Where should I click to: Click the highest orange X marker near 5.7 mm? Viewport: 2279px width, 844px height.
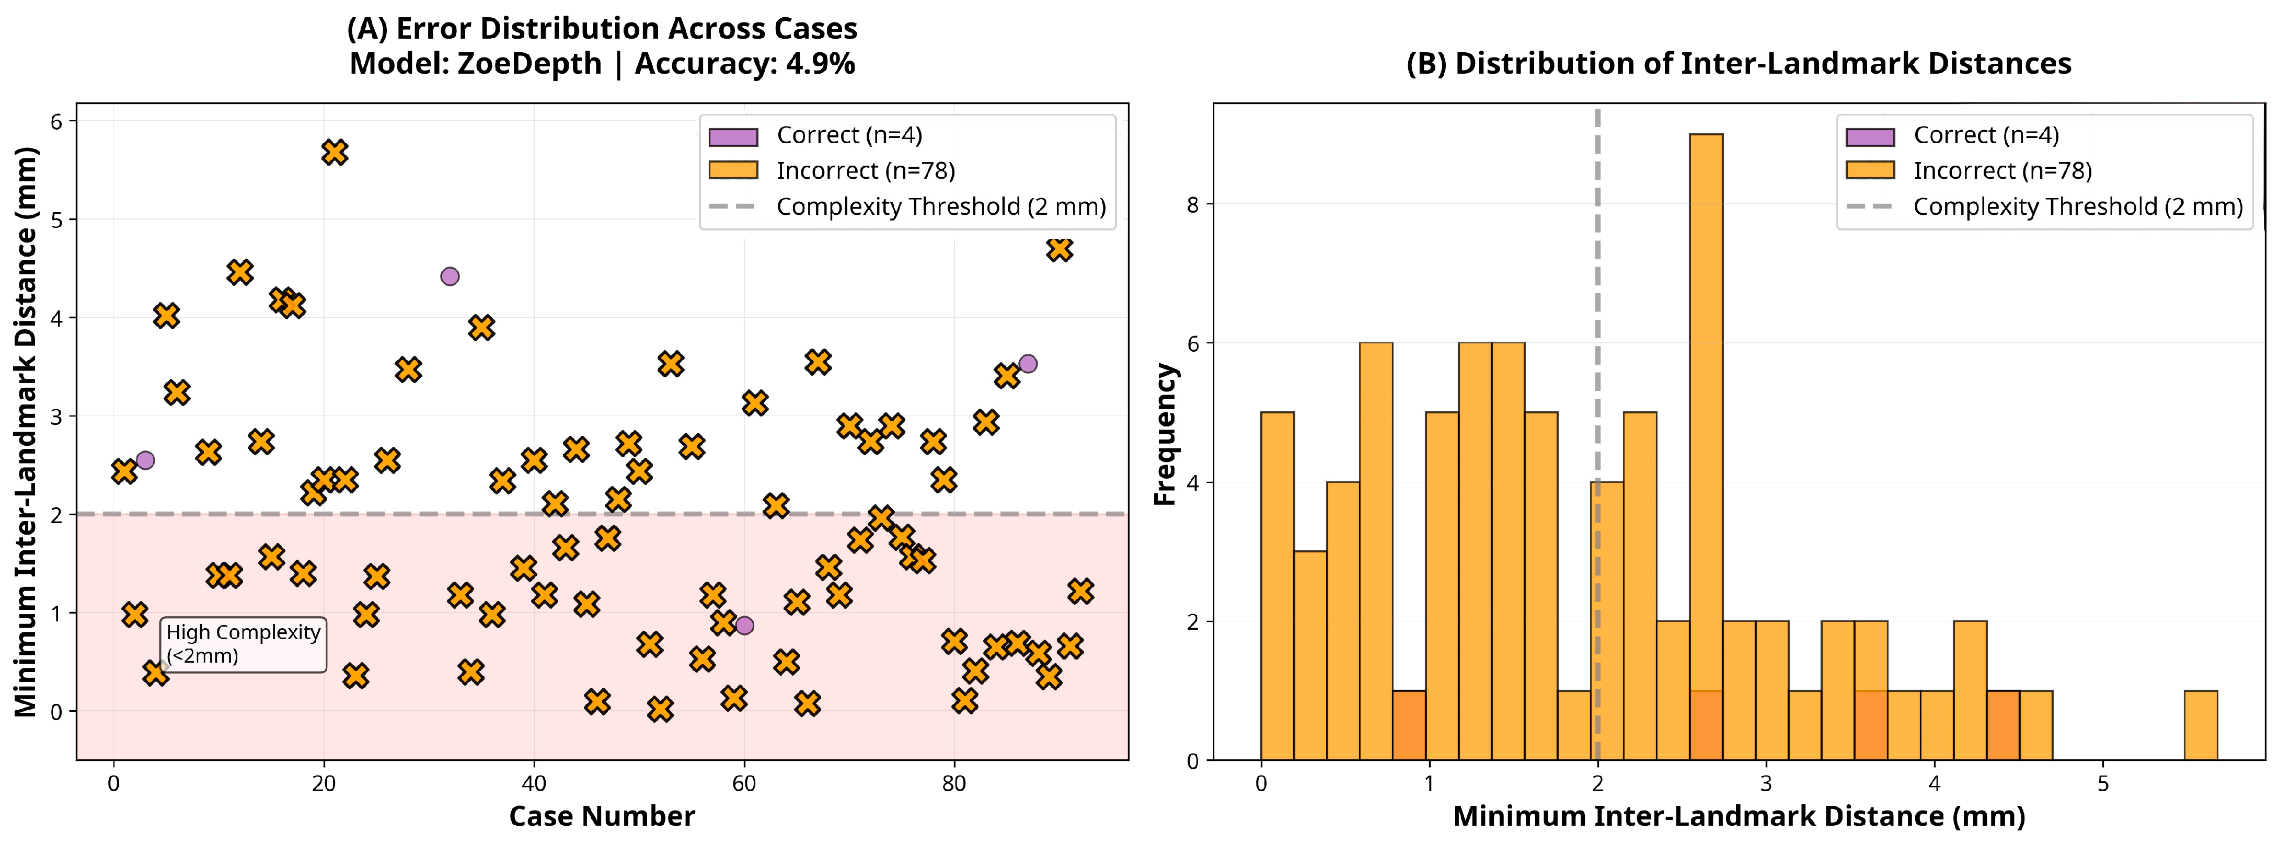(333, 152)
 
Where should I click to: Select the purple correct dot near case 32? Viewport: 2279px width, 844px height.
(450, 276)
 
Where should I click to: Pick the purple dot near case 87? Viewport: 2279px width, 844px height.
(1027, 364)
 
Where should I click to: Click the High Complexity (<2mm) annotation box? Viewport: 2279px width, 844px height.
(243, 644)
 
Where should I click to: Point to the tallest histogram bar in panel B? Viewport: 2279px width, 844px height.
(1705, 442)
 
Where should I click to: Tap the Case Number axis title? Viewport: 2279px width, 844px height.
(602, 816)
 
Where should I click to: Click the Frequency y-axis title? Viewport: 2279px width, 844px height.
(1165, 434)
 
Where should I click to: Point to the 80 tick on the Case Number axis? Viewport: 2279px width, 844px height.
(954, 784)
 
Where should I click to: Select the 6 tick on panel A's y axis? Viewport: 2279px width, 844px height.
(56, 121)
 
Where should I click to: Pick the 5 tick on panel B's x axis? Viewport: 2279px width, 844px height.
(2103, 784)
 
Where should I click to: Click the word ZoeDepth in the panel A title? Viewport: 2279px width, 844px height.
(529, 64)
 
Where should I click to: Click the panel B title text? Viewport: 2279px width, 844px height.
(1739, 64)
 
